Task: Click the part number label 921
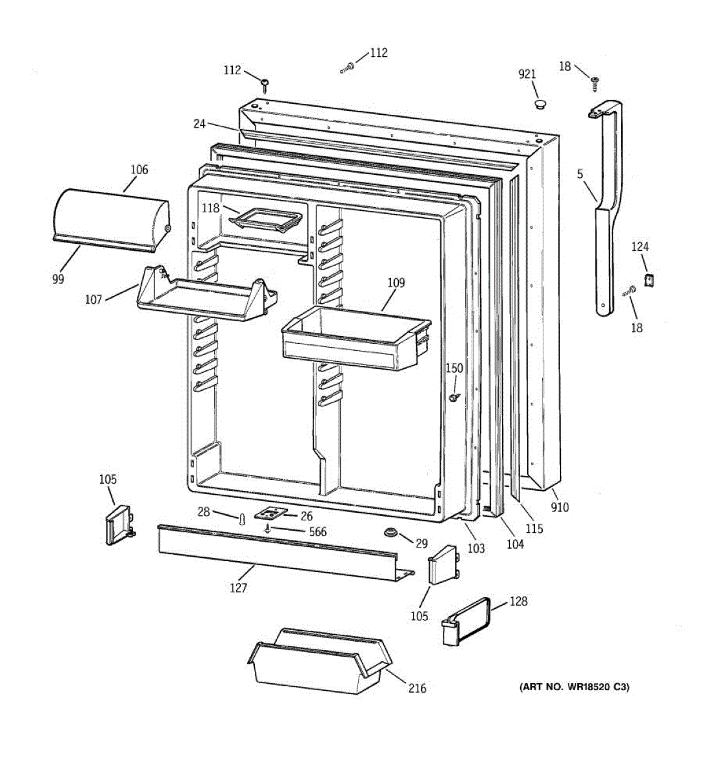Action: click(527, 74)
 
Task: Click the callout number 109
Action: click(396, 283)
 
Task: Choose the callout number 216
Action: click(417, 688)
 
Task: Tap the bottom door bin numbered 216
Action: click(319, 661)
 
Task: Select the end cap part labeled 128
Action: click(467, 619)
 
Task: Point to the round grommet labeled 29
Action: click(390, 533)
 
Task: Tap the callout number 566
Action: click(318, 531)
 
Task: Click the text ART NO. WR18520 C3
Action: click(574, 687)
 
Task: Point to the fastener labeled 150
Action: click(456, 397)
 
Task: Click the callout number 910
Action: click(560, 507)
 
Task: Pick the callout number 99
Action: click(59, 279)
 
